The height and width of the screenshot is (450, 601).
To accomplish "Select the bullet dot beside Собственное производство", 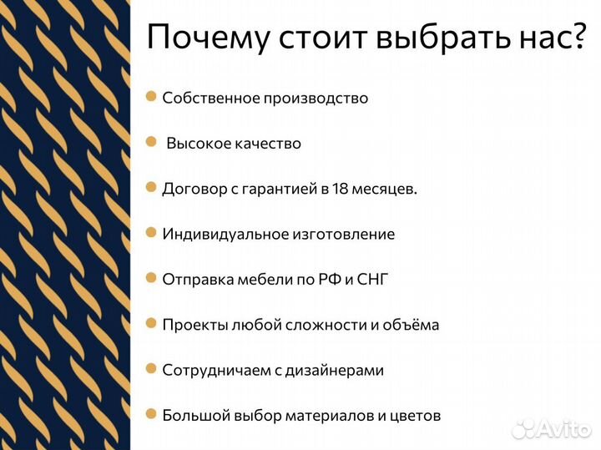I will point(151,97).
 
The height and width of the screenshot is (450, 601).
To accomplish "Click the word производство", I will point(316,99).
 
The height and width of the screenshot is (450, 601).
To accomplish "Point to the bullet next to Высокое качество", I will point(151,142).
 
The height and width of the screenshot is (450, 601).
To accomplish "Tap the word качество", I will point(264,144).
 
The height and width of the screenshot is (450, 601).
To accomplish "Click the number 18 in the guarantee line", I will point(340,189).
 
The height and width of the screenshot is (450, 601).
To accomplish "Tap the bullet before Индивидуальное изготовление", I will point(151,232).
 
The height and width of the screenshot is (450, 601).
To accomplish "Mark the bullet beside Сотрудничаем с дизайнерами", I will point(151,368).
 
